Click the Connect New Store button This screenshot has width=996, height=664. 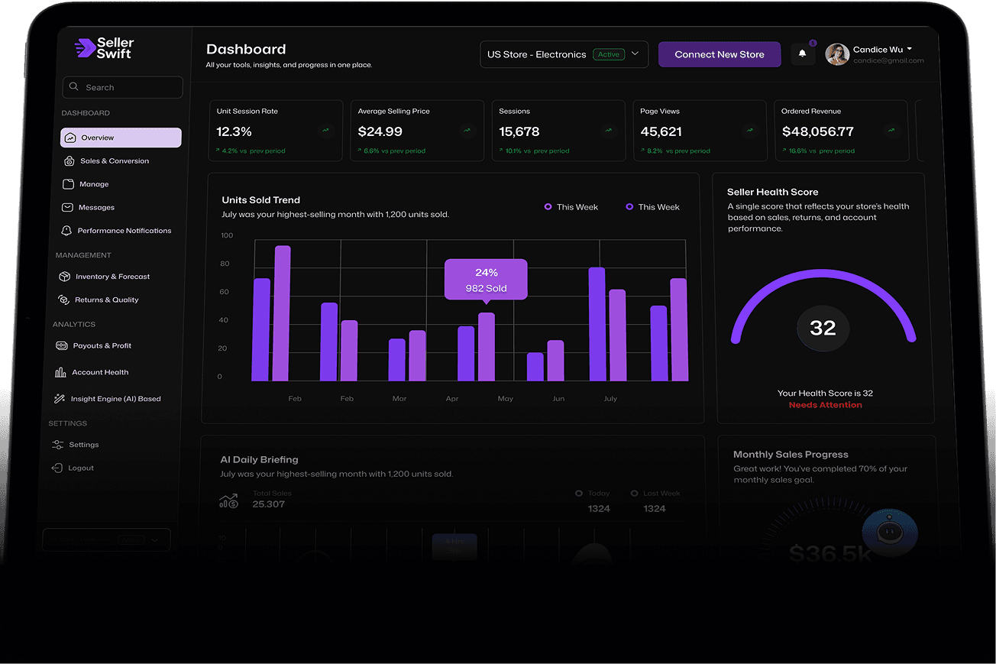point(719,54)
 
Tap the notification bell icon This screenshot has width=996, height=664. point(802,53)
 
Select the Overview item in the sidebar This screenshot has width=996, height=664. point(121,138)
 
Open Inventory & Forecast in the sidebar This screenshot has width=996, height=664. point(112,277)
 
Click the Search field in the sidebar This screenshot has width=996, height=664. point(122,87)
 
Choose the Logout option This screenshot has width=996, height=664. point(80,468)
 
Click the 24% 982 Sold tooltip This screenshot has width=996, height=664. point(486,280)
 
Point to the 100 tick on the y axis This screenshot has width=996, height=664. point(227,235)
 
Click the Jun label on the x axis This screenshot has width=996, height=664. point(558,399)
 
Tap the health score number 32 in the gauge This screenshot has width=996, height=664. point(823,329)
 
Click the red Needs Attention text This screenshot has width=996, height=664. point(825,405)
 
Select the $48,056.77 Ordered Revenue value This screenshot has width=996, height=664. point(817,132)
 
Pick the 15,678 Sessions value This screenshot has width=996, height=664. point(519,132)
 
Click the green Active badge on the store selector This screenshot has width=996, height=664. point(609,54)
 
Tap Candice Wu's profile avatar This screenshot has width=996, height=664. point(837,54)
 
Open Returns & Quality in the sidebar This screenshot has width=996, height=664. point(106,300)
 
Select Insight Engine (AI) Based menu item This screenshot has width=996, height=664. point(115,399)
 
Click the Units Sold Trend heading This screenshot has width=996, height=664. point(260,200)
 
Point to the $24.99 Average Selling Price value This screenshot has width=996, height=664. point(380,132)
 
